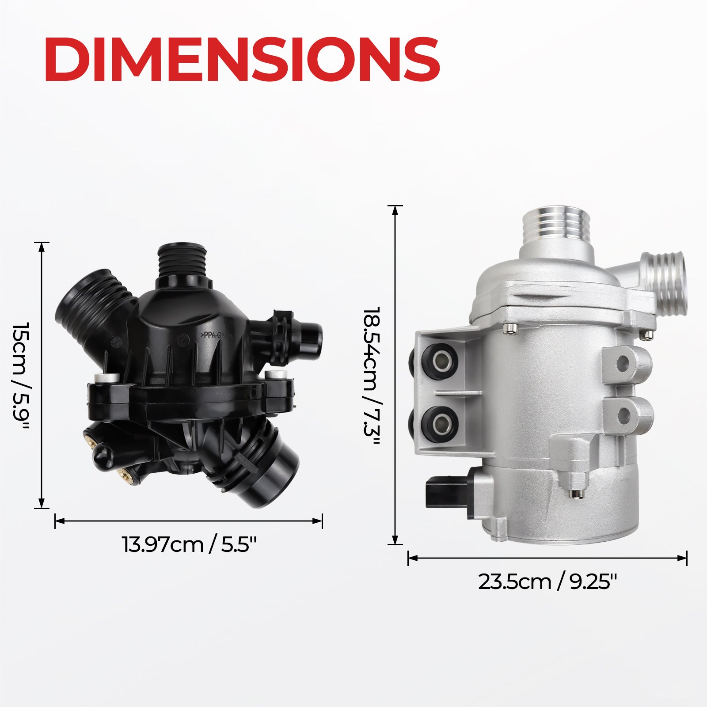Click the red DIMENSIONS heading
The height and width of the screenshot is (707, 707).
[x=242, y=59]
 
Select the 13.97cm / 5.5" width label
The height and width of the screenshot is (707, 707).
[x=189, y=544]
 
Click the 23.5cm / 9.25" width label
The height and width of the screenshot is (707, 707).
[x=547, y=582]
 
